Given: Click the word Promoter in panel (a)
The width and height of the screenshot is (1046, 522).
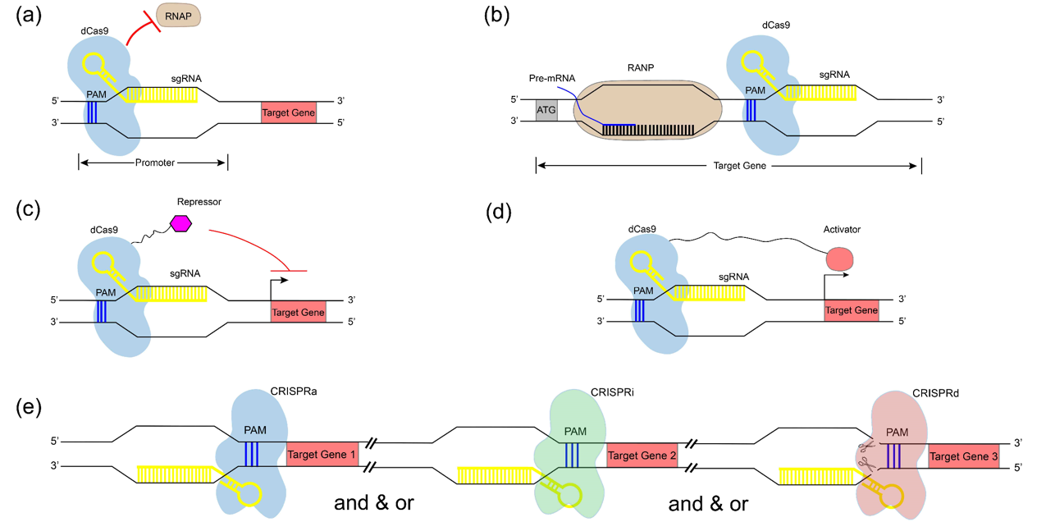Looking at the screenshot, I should click(154, 163).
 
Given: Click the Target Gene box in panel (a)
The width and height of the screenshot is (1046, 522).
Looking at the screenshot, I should click(289, 114).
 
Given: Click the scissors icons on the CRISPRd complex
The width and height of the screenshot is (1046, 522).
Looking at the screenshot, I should click(866, 456).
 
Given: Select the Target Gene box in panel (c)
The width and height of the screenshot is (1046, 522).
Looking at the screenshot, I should click(298, 313).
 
